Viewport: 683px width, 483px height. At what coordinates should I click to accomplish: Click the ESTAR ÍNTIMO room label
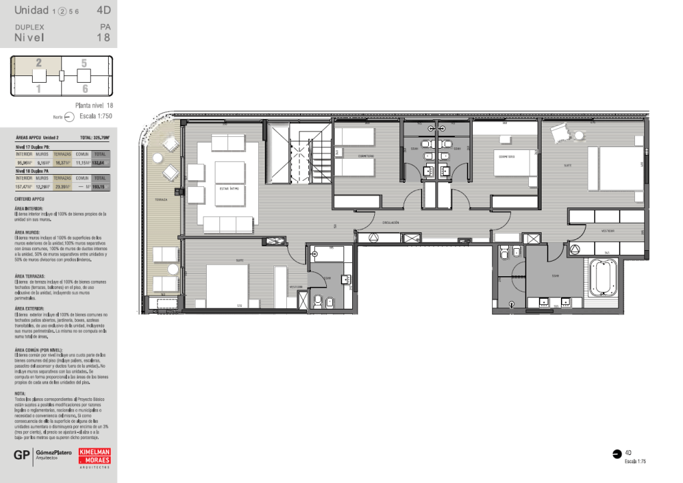pyautogui.click(x=229, y=189)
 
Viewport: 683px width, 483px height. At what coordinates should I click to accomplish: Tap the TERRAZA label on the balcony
pyautogui.click(x=160, y=199)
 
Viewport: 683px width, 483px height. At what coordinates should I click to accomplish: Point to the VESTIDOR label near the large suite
pyautogui.click(x=607, y=231)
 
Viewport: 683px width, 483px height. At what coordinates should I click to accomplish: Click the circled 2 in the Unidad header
pyautogui.click(x=62, y=11)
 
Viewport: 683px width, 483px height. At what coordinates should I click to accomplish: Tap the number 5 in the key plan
pyautogui.click(x=84, y=63)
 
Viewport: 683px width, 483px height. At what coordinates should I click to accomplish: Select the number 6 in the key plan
pyautogui.click(x=85, y=88)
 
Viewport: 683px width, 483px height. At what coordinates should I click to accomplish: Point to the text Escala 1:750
pyautogui.click(x=96, y=116)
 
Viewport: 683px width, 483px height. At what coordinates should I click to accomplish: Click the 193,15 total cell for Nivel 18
pyautogui.click(x=100, y=187)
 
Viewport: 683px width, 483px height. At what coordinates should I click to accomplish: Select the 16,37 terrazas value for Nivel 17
pyautogui.click(x=63, y=162)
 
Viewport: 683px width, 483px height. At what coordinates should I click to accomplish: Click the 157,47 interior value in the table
pyautogui.click(x=24, y=187)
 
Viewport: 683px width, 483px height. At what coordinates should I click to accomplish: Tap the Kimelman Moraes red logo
pyautogui.click(x=95, y=458)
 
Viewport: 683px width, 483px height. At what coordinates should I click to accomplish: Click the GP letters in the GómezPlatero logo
pyautogui.click(x=21, y=456)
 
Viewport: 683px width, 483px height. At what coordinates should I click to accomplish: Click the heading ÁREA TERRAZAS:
pyautogui.click(x=29, y=276)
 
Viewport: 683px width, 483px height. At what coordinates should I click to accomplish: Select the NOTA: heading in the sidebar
pyautogui.click(x=20, y=394)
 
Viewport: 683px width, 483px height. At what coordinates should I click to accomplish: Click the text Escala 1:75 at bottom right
pyautogui.click(x=635, y=462)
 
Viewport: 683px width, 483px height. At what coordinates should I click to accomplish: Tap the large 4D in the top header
pyautogui.click(x=103, y=10)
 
